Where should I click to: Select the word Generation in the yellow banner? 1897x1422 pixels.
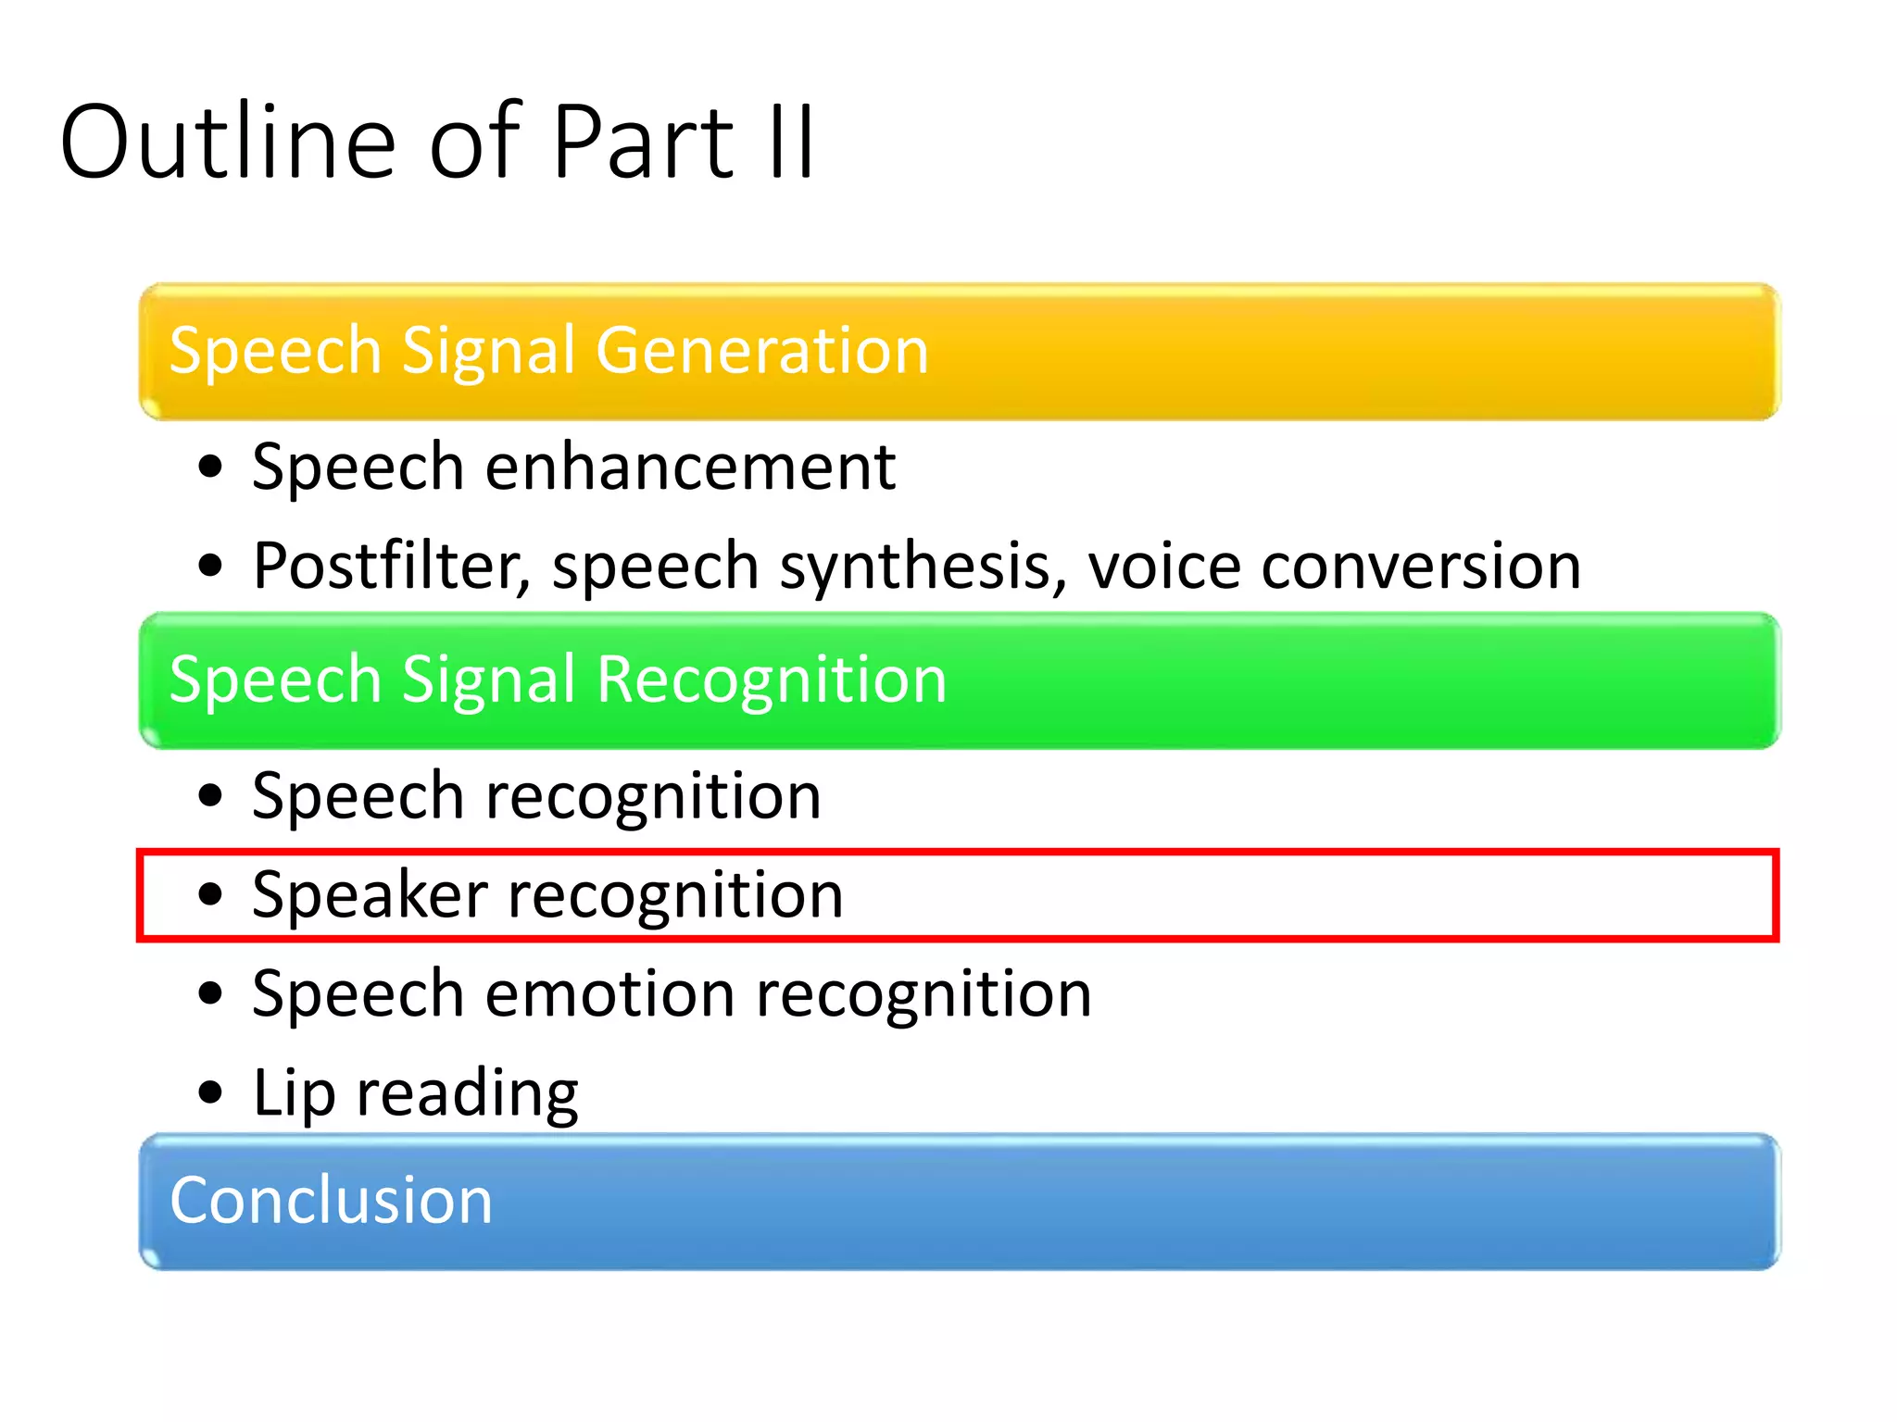pos(761,352)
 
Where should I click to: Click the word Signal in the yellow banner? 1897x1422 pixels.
pos(492,352)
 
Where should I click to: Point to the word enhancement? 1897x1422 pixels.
pos(690,467)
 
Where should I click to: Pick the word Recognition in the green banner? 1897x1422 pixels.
pos(771,680)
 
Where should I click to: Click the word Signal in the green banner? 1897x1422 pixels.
pos(492,680)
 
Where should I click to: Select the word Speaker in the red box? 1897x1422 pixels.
pos(370,896)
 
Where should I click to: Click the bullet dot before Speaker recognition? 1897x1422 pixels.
pos(211,894)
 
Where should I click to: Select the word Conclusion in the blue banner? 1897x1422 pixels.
pos(331,1201)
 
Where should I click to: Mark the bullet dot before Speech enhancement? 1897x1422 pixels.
pos(211,467)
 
